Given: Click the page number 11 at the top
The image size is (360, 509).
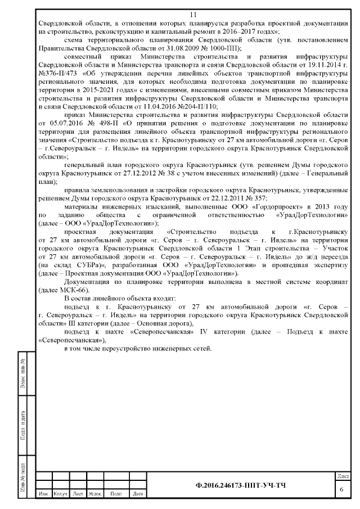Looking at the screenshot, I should coord(193,15).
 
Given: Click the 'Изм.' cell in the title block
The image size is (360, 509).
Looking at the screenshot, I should coord(43,494).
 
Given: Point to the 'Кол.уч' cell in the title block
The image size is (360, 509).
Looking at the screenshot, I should coord(60,494).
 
